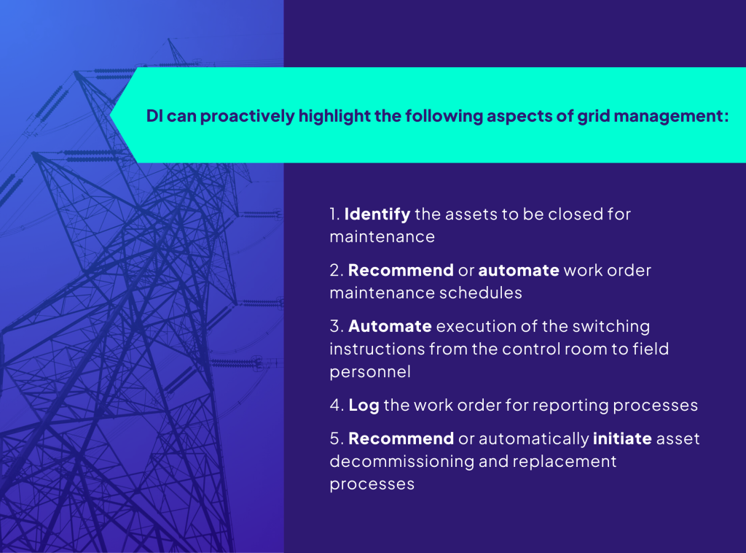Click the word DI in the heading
tap(154, 117)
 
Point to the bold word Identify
tap(377, 214)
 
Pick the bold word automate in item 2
tap(519, 271)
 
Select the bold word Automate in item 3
tap(390, 326)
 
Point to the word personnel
tap(370, 371)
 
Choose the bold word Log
tap(364, 406)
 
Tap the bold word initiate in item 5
tap(623, 439)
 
